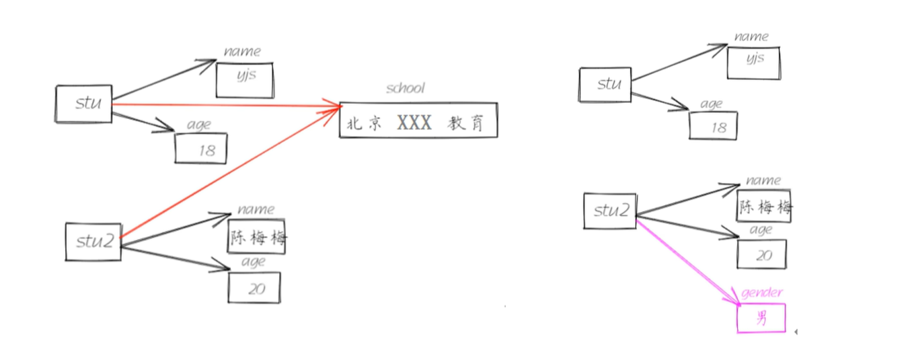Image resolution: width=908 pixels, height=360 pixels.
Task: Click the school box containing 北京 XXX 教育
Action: coord(418,120)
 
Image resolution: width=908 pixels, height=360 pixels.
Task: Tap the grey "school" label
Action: coord(406,89)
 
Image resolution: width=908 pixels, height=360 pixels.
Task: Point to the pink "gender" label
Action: coord(762,293)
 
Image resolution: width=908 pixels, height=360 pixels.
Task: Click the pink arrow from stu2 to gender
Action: coord(686,259)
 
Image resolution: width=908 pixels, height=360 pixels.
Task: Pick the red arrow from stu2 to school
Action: coord(229,172)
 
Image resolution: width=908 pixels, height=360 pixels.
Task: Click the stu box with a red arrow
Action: coord(83,104)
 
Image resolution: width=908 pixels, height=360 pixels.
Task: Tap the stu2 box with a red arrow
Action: coord(93,242)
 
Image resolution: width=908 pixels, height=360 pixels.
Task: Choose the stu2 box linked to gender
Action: coord(609,211)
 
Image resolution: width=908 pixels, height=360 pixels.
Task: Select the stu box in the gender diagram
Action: coord(605,84)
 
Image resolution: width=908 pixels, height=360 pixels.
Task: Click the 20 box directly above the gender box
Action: coord(761,254)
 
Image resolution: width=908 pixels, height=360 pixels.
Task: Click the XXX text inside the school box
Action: coord(414,122)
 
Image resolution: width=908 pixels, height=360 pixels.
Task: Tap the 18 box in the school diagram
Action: coord(201,148)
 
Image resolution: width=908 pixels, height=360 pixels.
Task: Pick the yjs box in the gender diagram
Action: coord(753,63)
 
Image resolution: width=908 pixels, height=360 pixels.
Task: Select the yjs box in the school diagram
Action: coord(245,79)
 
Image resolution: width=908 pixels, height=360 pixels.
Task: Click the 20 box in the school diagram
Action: coord(254,287)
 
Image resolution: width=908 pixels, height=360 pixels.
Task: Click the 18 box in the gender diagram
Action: coord(713,125)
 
